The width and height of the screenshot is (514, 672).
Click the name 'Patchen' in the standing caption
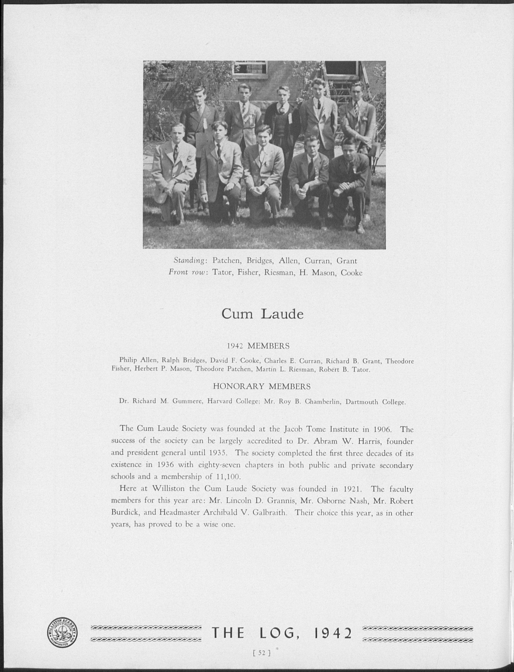(x=225, y=261)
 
